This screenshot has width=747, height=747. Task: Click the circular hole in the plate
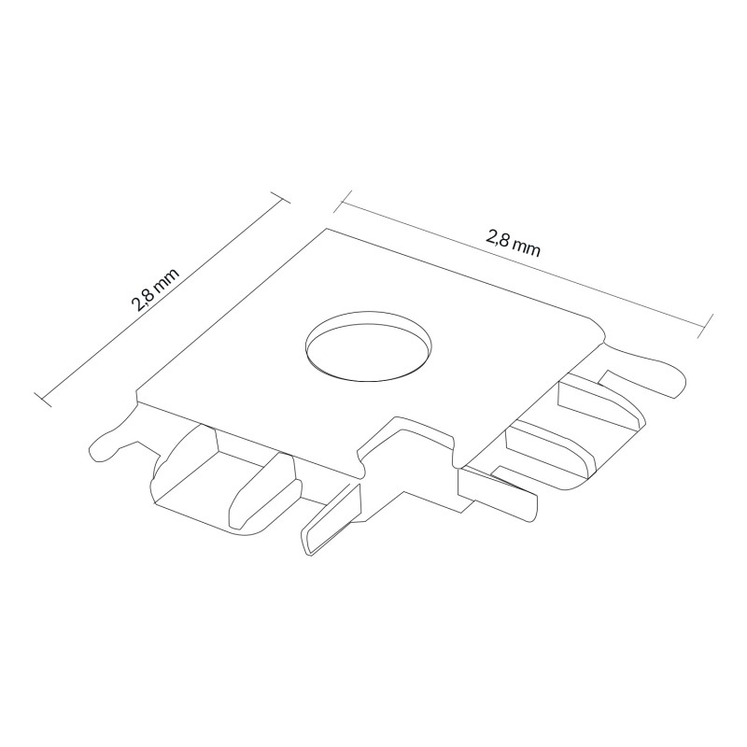coord(369,346)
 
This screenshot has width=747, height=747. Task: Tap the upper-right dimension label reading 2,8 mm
coord(513,242)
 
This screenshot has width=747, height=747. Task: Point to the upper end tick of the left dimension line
coord(280,197)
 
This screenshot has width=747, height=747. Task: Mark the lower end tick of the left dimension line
coord(43,401)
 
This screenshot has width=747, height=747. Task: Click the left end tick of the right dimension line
coord(343,202)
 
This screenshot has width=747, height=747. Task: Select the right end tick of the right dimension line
coord(705,326)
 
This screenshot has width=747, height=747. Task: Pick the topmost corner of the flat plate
coord(327,229)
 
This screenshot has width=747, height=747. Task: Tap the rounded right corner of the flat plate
coord(599,329)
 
